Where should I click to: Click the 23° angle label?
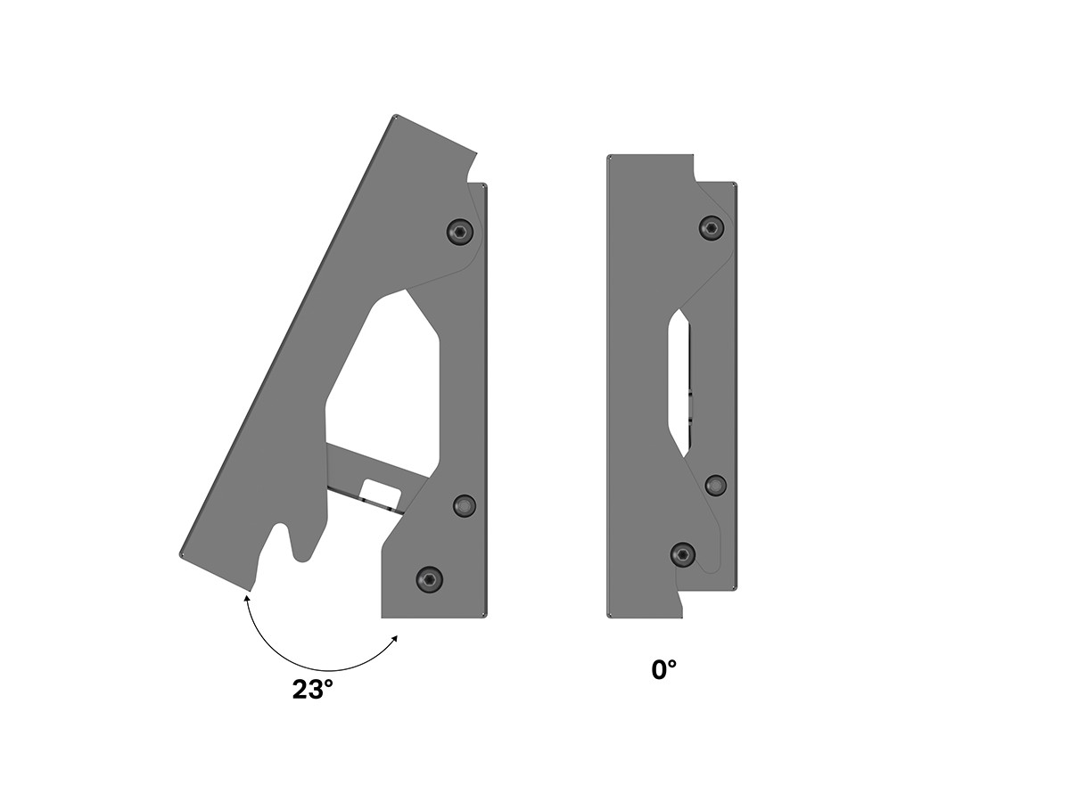point(312,690)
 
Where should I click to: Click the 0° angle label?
point(664,670)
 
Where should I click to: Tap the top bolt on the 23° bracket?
point(460,232)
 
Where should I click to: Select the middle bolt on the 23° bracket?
point(465,506)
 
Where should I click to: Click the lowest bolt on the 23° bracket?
point(429,579)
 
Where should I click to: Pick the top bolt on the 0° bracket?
point(712,228)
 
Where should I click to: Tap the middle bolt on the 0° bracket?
point(715,485)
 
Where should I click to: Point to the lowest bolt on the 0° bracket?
point(683,554)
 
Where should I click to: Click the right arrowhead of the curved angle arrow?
point(395,638)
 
